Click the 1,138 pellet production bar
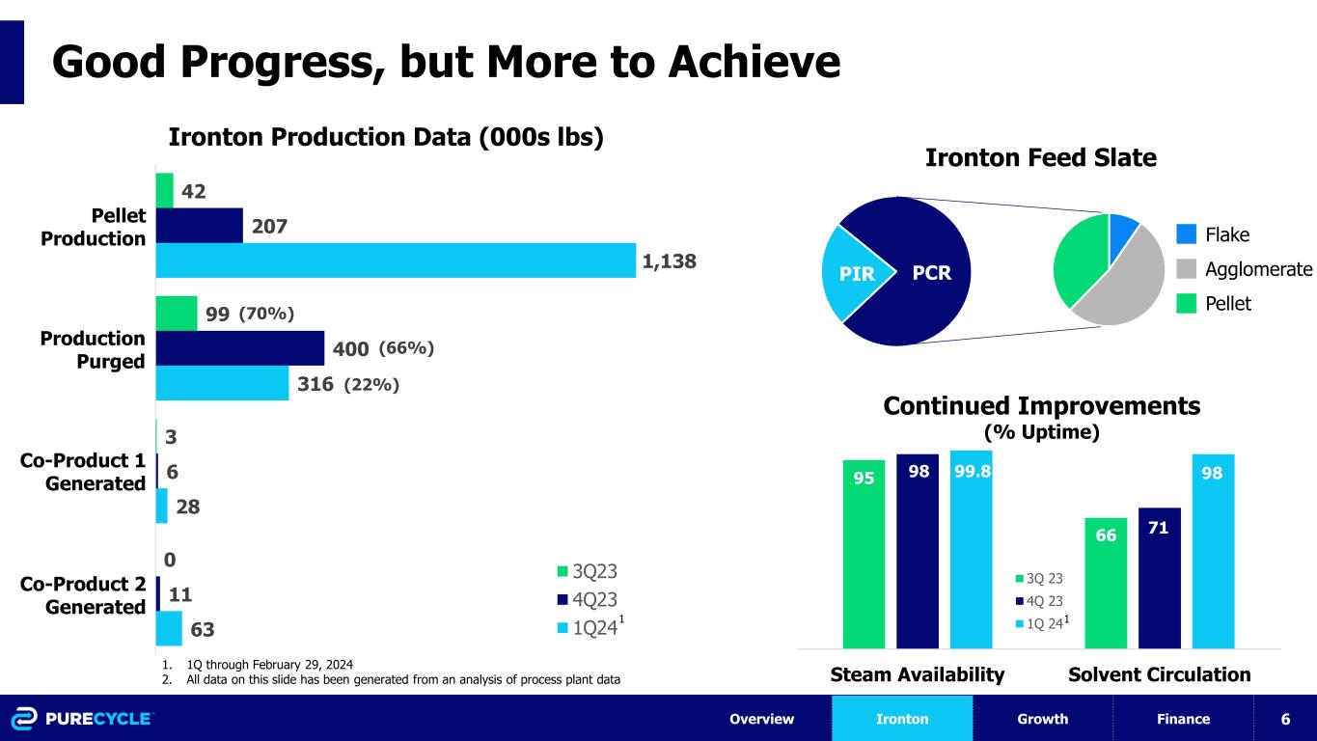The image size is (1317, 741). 396,261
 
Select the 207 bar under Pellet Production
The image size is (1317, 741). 199,226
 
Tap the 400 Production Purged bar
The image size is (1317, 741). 240,348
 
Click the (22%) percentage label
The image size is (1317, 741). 371,384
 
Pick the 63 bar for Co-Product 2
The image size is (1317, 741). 169,628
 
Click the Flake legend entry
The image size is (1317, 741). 1213,235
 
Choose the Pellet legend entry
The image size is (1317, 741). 1214,304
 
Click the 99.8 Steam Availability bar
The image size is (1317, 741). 971,550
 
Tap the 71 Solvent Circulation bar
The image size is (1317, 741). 1160,578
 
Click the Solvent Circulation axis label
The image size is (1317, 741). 1159,674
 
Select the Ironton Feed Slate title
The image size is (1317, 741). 1040,157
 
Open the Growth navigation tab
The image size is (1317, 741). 1042,719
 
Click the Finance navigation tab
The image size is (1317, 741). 1184,719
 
